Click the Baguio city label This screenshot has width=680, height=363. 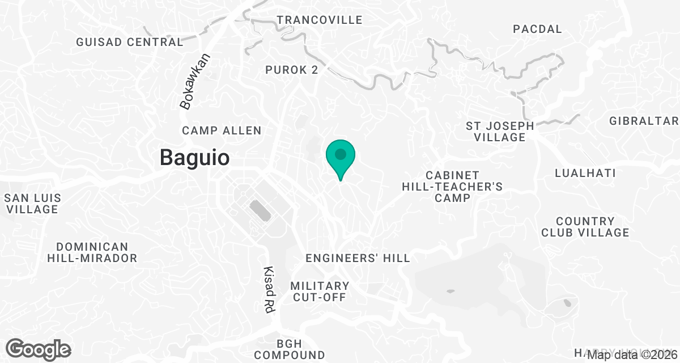tap(194, 157)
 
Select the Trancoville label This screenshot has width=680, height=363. tap(319, 20)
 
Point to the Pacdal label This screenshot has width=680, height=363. tap(537, 29)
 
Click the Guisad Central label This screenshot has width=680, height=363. tap(130, 42)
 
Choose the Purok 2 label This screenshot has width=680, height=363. tap(292, 70)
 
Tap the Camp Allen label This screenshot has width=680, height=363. tap(222, 131)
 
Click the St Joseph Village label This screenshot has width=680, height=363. tap(499, 131)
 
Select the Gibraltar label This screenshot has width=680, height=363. tap(644, 121)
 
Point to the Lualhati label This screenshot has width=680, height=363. tap(585, 173)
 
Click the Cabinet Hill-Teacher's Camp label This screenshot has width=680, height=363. tap(452, 186)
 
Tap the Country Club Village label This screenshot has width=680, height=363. tap(585, 227)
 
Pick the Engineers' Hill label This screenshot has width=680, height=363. tap(357, 258)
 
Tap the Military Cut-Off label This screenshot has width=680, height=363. tap(320, 292)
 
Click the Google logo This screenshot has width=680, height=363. tap(39, 348)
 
